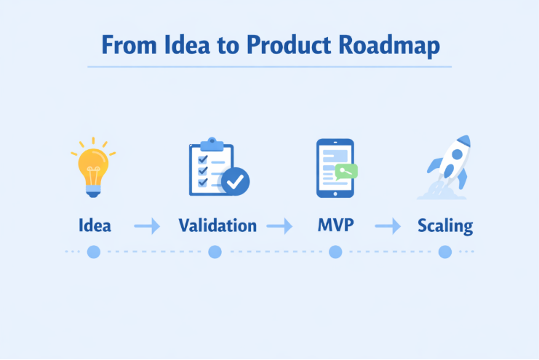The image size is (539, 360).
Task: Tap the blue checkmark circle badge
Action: (235, 181)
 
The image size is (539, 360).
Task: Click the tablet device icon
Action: (335, 168)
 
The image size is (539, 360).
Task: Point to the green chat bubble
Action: (346, 172)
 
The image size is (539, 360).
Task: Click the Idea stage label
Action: (95, 225)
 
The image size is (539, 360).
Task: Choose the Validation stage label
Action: (217, 225)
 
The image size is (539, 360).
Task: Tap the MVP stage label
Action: (335, 225)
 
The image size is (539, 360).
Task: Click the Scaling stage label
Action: (445, 225)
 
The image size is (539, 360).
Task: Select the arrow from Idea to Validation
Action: (147, 226)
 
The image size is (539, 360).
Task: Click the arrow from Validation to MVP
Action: (279, 226)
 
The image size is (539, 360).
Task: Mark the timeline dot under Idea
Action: (93, 252)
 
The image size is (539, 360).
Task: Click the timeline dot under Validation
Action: (215, 252)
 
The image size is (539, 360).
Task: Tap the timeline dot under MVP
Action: (335, 252)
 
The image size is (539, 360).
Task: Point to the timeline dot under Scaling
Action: (445, 252)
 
